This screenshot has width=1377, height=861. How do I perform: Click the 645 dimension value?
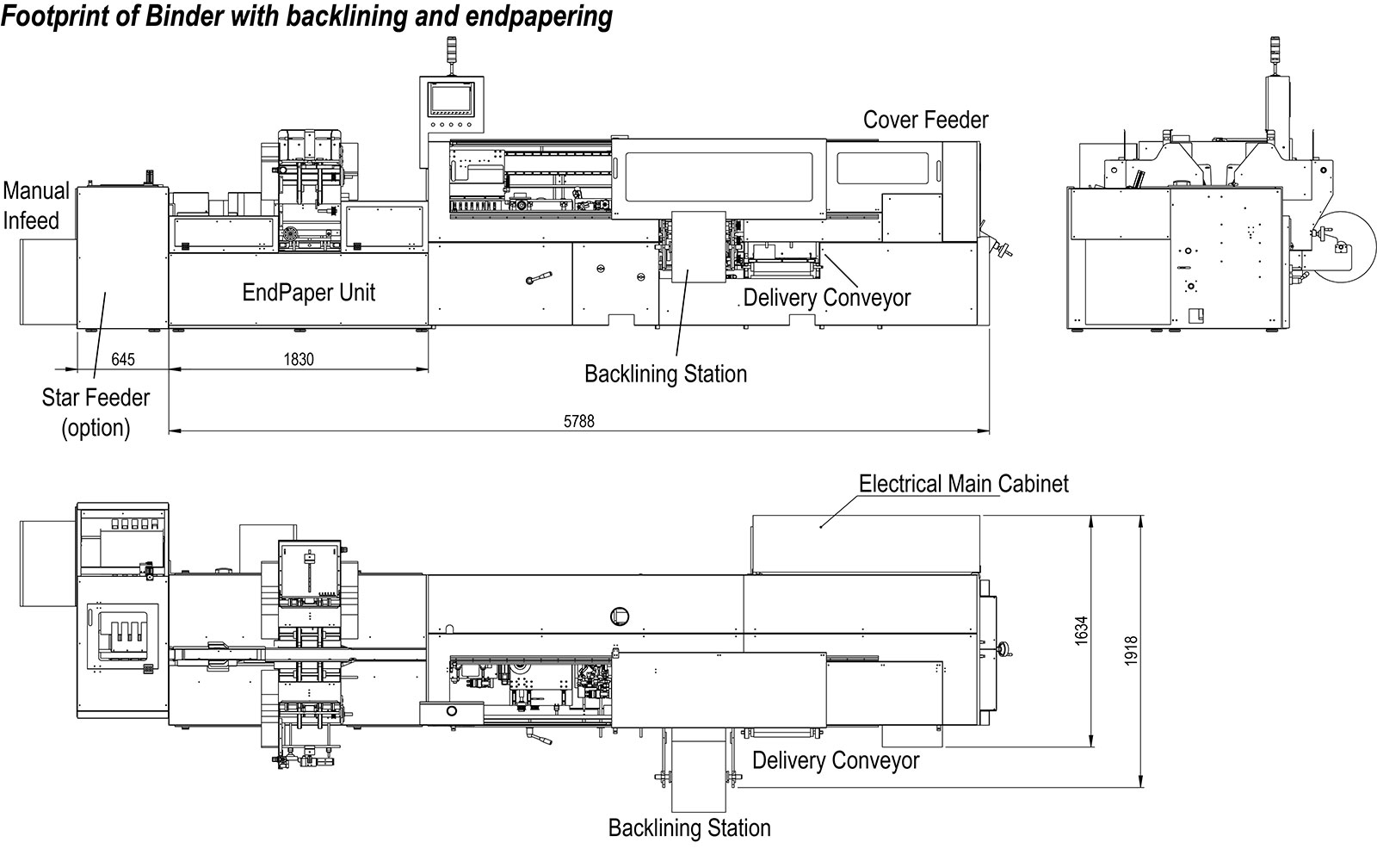tap(123, 359)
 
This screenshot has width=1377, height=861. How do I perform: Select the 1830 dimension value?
tap(299, 359)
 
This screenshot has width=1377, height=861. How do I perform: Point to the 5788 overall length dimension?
tap(579, 421)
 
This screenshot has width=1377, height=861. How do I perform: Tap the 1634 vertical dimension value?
tap(1081, 630)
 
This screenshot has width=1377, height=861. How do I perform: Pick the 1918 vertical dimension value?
tap(1131, 650)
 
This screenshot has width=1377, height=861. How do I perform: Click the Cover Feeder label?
tap(926, 120)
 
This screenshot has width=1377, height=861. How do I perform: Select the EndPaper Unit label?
tap(309, 292)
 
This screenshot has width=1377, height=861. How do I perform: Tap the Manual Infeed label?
tap(35, 206)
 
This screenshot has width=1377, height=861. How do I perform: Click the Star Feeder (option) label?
tap(96, 412)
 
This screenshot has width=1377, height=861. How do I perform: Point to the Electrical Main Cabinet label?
tap(963, 484)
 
